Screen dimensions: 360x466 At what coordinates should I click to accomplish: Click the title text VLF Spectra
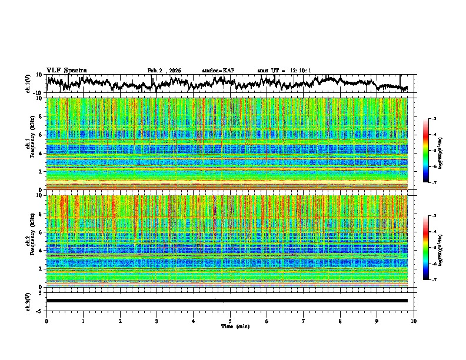66,70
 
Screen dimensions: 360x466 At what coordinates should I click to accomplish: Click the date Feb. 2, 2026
164,71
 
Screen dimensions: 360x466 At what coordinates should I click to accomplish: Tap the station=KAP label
218,71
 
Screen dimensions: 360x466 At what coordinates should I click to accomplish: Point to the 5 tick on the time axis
230,321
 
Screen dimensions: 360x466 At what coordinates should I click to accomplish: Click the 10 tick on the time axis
414,321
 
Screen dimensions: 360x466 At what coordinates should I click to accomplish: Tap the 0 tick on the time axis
46,321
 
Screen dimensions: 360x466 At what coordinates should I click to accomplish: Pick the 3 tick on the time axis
157,321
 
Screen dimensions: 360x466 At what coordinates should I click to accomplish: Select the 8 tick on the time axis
340,321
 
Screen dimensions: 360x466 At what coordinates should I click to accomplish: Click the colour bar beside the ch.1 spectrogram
434,151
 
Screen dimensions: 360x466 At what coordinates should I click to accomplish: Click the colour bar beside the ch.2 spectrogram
434,248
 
